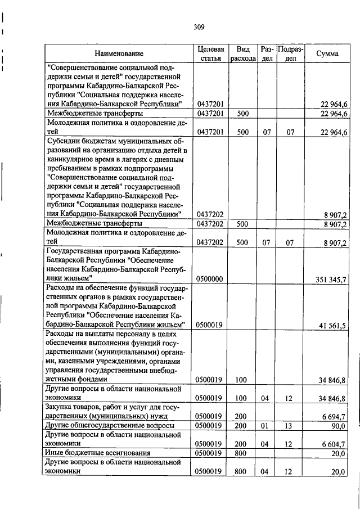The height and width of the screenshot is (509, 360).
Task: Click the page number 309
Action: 198,26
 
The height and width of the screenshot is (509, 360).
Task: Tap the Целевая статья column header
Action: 211,54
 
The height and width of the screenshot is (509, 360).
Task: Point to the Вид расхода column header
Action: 243,54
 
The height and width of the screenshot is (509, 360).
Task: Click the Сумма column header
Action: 327,54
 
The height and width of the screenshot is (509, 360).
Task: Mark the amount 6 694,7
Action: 334,416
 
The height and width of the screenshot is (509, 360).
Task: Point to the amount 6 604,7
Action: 334,444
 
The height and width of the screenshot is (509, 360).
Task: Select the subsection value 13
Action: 289,426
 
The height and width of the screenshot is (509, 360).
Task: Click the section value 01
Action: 265,426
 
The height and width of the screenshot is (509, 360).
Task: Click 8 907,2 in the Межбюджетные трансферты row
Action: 334,224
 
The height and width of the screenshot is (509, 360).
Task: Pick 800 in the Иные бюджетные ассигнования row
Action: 242,453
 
